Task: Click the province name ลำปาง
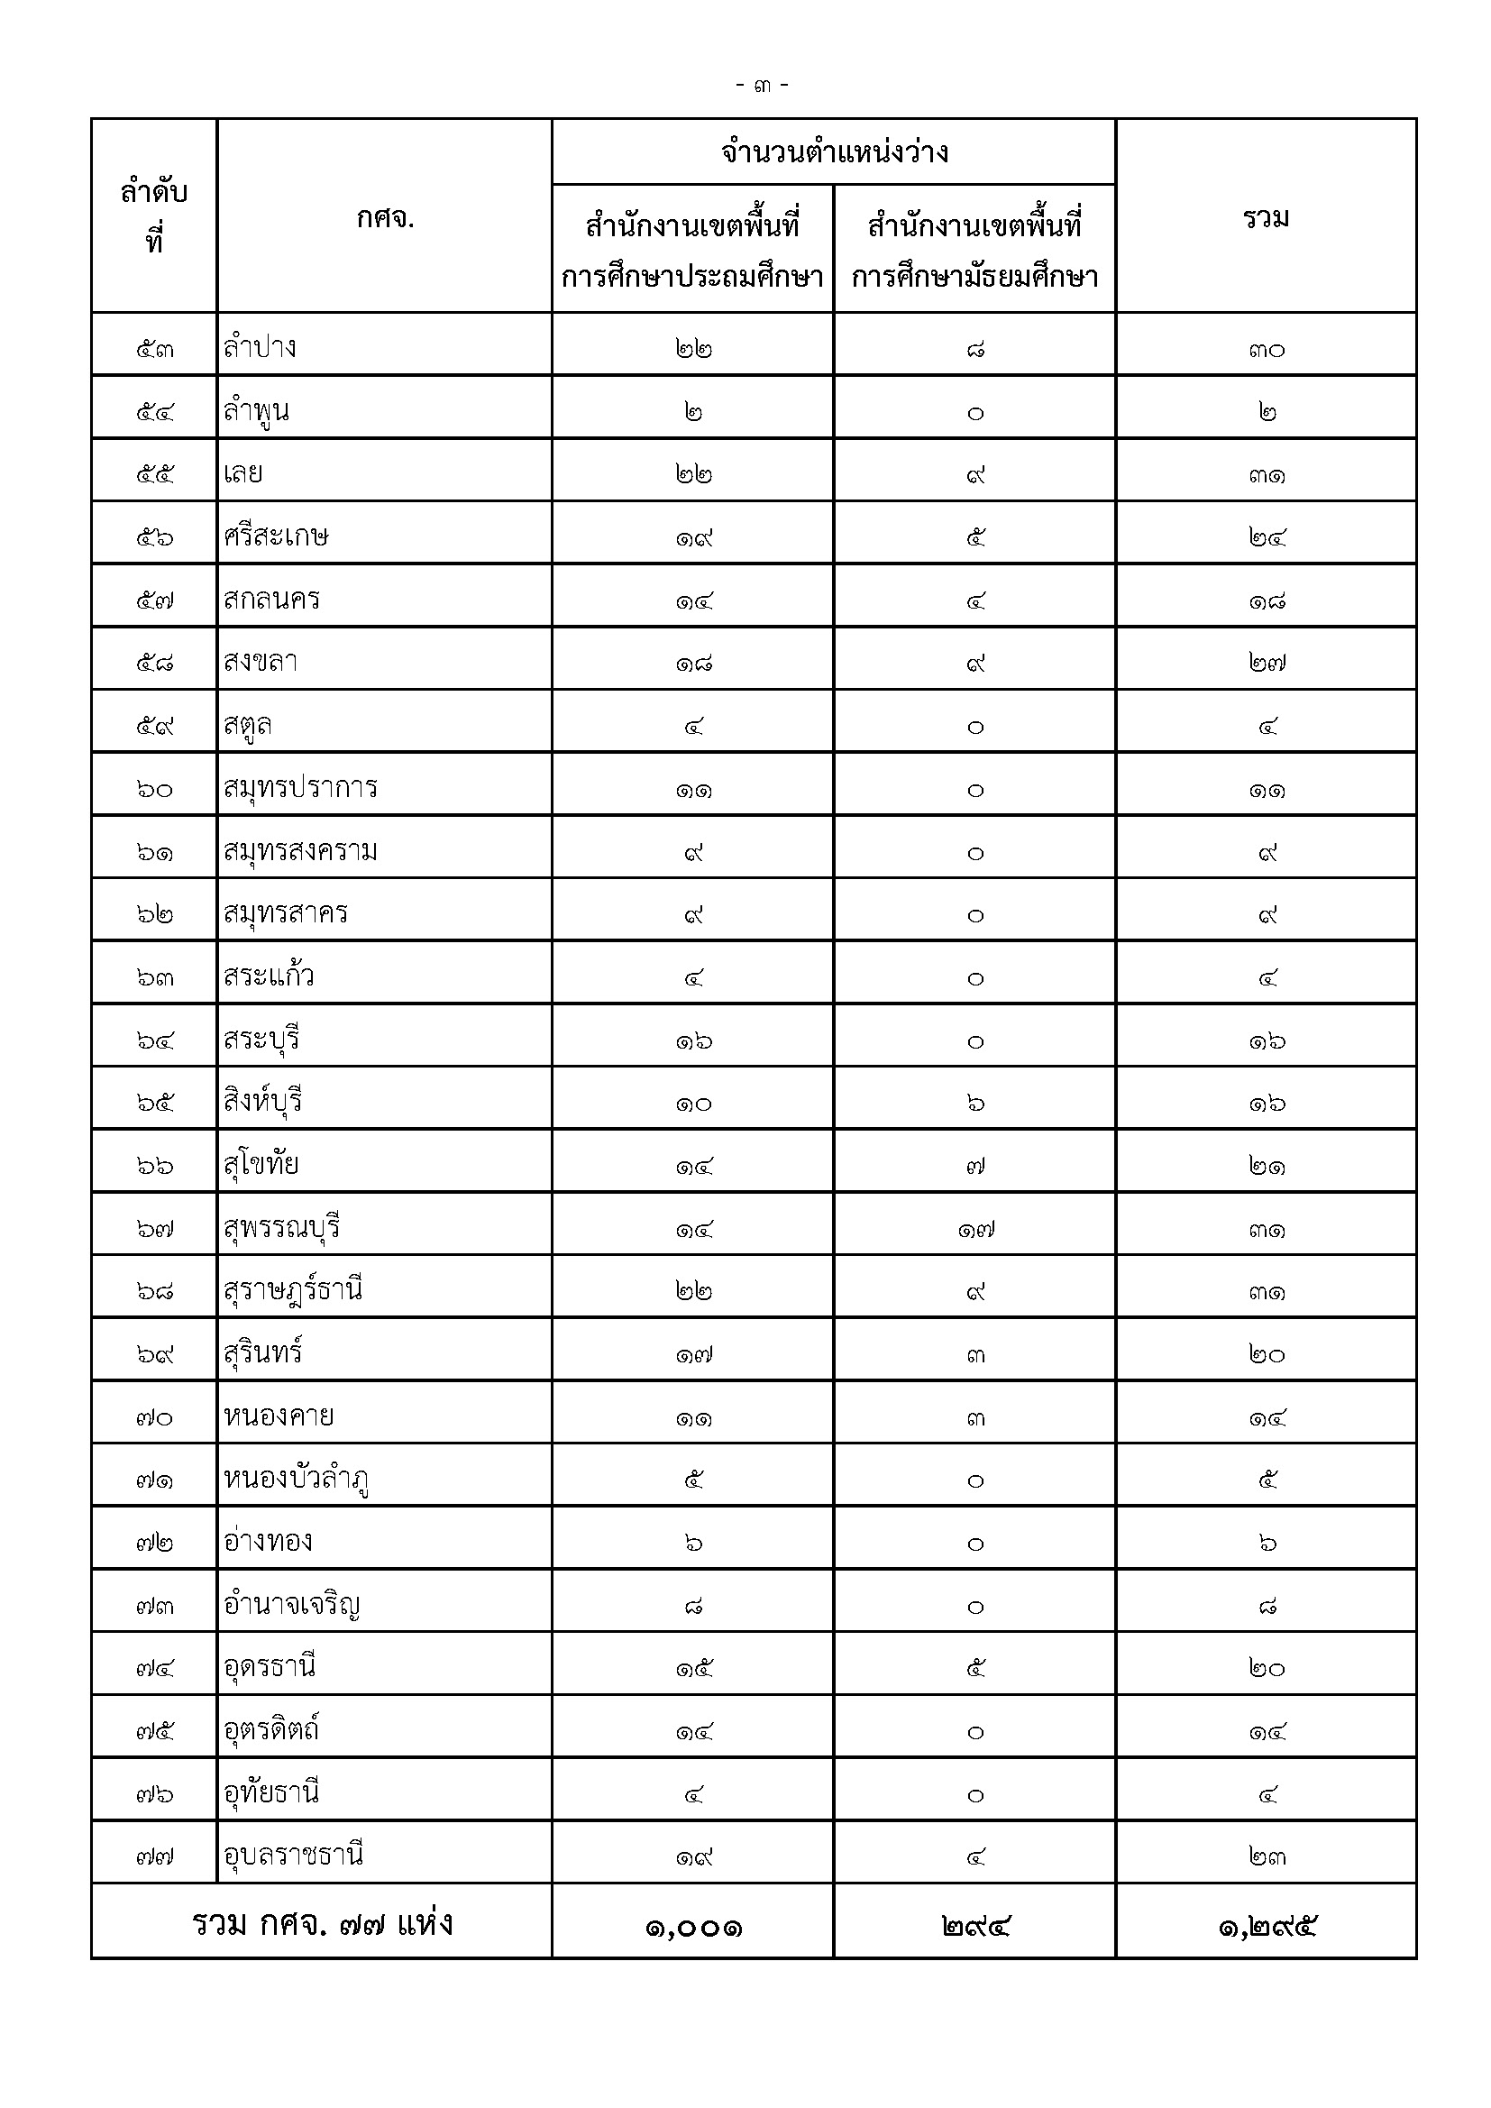[260, 348]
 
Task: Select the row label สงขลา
[261, 662]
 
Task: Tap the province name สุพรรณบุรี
[282, 1227]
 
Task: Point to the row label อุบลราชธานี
[294, 1855]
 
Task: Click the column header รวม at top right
[1266, 218]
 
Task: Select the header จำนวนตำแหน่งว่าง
[834, 152]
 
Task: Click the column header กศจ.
[385, 218]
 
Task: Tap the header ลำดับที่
[154, 216]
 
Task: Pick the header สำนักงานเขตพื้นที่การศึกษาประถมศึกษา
[692, 250]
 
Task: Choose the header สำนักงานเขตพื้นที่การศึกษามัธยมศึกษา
[975, 250]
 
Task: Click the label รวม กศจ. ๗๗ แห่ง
[322, 1923]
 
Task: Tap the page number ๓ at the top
[762, 87]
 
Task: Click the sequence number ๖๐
[154, 789]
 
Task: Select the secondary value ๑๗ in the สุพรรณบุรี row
[975, 1229]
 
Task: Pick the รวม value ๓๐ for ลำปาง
[1267, 350]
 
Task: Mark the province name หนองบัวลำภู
[296, 1479]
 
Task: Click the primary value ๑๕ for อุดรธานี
[694, 1668]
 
